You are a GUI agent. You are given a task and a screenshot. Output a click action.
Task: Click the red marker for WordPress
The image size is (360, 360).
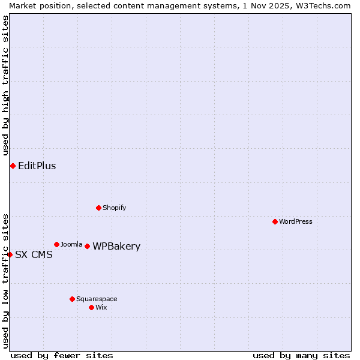pyautogui.click(x=275, y=221)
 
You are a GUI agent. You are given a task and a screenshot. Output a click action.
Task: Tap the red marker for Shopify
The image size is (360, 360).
pyautogui.click(x=98, y=208)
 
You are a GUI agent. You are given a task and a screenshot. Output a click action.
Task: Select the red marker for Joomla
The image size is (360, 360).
pyautogui.click(x=56, y=244)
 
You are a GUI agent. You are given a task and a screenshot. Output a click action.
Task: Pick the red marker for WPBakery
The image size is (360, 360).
pyautogui.click(x=87, y=246)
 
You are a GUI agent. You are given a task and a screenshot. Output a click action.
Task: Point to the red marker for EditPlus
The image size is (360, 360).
pyautogui.click(x=13, y=166)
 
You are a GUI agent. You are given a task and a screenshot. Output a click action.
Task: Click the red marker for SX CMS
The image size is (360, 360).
pyautogui.click(x=10, y=254)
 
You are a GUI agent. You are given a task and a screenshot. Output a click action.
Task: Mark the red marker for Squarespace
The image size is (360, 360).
pyautogui.click(x=72, y=299)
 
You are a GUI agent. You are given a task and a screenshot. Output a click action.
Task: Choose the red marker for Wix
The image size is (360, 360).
pyautogui.click(x=91, y=307)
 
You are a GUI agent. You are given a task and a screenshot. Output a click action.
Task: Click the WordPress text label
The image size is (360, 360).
pyautogui.click(x=296, y=221)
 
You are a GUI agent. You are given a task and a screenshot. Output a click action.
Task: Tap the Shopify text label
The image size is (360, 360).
pyautogui.click(x=115, y=208)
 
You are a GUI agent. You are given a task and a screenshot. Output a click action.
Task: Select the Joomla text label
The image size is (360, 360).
pyautogui.click(x=71, y=244)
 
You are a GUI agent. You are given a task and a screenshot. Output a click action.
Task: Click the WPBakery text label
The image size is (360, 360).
pyautogui.click(x=116, y=246)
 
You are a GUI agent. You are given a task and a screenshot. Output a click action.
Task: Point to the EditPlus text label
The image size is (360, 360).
pyautogui.click(x=37, y=166)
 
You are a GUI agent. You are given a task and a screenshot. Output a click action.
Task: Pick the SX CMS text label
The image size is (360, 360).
pyautogui.click(x=34, y=254)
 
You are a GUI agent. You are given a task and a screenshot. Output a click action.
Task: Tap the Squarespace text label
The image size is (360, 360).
pyautogui.click(x=97, y=299)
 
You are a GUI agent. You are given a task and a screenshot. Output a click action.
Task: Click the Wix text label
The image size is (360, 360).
pyautogui.click(x=101, y=307)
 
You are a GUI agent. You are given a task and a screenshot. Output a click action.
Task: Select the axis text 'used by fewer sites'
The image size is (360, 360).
pyautogui.click(x=62, y=355)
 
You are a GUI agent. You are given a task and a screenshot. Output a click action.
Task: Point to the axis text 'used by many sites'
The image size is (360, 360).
pyautogui.click(x=301, y=355)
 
